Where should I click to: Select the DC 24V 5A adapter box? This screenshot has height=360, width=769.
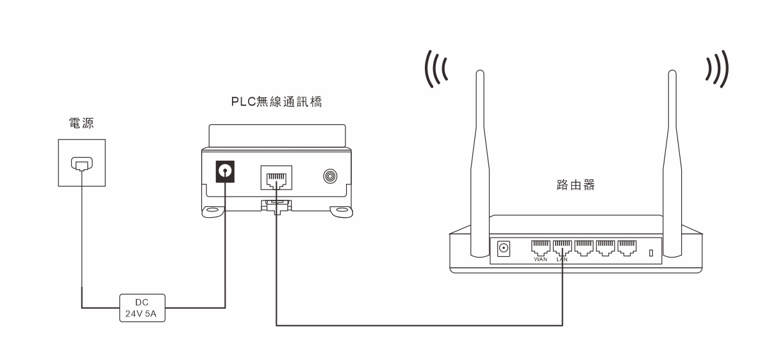[142, 308]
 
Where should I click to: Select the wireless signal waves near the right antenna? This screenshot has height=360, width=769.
[716, 69]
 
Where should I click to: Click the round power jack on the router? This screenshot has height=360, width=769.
[504, 248]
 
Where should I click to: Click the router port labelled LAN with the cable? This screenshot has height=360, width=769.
[563, 247]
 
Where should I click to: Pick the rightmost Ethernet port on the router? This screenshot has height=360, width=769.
[627, 247]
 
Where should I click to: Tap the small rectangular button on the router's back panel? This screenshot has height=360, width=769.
[651, 253]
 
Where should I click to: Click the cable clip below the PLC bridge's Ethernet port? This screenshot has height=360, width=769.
[276, 206]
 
